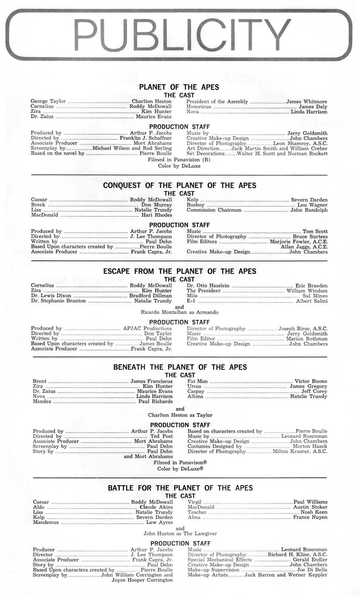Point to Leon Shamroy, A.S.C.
point(300,143)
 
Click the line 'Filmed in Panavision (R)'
point(179,160)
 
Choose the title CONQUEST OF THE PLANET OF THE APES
point(180,186)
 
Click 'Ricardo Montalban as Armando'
point(180,312)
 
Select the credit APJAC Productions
point(147,329)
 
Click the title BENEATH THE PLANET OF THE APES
point(180,367)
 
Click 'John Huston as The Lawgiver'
point(180,534)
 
